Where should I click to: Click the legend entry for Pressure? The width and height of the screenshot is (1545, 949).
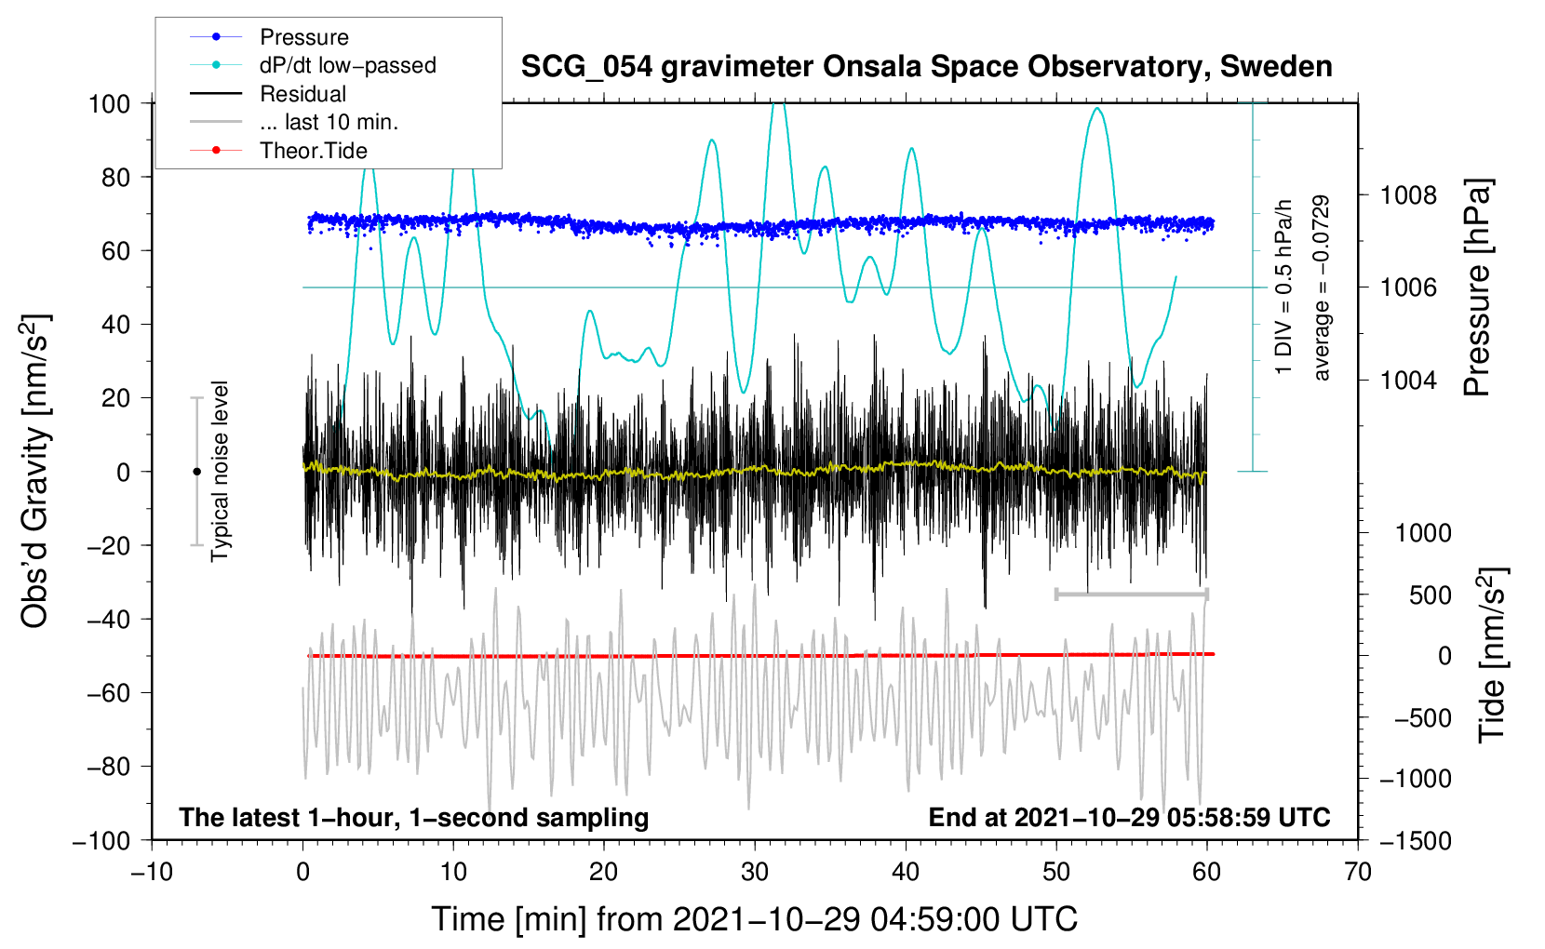click(303, 37)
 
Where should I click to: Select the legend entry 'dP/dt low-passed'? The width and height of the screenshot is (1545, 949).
click(347, 65)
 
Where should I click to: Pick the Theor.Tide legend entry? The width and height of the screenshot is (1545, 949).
click(313, 151)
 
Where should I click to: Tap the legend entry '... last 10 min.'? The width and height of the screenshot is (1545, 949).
click(329, 122)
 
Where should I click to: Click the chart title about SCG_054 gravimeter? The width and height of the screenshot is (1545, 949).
click(926, 67)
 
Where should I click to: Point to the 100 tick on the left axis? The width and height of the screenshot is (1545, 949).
click(109, 103)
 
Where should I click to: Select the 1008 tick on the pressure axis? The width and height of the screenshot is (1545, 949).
click(1408, 195)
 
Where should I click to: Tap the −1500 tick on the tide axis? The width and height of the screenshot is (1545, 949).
click(1416, 840)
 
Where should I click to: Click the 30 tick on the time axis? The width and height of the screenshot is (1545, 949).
click(755, 872)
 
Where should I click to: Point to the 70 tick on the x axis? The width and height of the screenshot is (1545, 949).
click(1358, 872)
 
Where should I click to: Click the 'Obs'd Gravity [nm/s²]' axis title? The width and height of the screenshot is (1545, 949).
click(35, 471)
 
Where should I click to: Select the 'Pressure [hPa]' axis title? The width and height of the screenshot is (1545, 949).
click(1477, 288)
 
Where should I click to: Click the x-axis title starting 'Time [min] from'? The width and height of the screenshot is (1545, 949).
click(755, 919)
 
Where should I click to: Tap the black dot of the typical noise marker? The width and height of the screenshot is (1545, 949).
click(196, 472)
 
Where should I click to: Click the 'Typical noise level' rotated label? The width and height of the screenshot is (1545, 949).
click(220, 471)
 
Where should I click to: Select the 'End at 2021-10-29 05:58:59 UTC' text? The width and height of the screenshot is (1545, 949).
click(1129, 817)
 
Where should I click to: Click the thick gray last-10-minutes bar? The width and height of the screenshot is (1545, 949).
click(1131, 594)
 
